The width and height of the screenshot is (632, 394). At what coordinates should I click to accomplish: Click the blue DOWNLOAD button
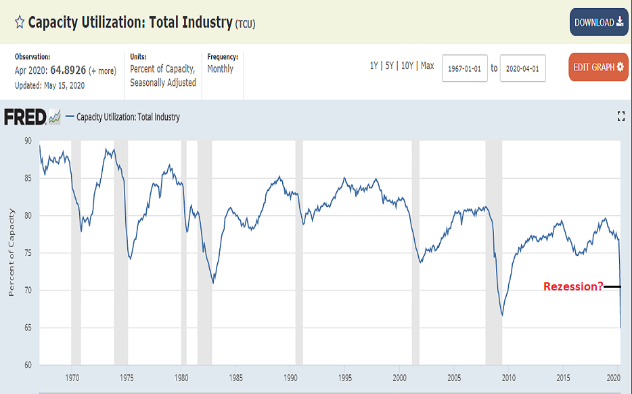coord(599,22)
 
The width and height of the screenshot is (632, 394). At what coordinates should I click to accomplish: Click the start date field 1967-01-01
coord(464,68)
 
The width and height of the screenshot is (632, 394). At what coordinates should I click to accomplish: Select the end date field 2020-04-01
coord(523,68)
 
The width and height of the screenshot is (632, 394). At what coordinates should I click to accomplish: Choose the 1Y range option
coord(374,66)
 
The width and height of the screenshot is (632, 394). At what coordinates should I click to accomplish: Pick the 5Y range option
coord(390,66)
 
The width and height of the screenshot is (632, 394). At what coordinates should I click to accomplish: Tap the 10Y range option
coord(407,66)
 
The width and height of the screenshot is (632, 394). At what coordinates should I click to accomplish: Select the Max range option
coord(427,66)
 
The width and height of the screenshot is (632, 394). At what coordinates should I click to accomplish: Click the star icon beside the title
coord(20,22)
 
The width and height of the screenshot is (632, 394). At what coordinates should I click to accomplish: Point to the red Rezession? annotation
coord(573,286)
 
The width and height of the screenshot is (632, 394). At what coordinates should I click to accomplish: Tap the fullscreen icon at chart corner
coord(621,117)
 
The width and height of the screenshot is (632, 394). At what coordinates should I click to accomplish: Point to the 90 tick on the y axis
coord(28,141)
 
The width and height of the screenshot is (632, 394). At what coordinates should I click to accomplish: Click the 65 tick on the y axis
coord(28,328)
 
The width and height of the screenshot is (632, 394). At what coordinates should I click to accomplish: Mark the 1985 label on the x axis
coord(235,378)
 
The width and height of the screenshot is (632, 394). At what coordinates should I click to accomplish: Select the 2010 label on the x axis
coord(508,378)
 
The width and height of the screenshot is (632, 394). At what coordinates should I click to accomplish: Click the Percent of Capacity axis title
coord(12,253)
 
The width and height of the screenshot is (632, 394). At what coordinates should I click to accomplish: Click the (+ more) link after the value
coord(102,70)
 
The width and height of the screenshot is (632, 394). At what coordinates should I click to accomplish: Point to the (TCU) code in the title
coord(245,24)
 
